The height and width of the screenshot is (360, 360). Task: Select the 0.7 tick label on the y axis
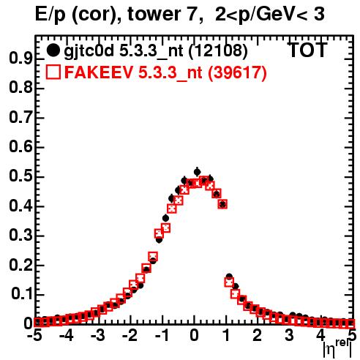(20, 117)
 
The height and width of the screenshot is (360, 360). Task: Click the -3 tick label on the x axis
(97, 335)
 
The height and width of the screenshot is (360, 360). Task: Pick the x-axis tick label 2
(258, 335)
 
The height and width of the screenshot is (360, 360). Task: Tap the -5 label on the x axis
(34, 335)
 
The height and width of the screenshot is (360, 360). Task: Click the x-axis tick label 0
(194, 335)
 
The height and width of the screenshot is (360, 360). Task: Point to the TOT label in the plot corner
(307, 50)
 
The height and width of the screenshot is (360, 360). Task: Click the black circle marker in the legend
(53, 50)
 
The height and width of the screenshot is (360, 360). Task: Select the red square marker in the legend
(53, 72)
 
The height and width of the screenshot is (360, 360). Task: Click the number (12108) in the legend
(218, 50)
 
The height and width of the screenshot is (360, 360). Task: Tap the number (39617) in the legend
(237, 72)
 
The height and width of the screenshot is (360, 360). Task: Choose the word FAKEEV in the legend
(99, 72)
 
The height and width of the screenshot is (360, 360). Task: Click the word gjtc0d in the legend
(89, 51)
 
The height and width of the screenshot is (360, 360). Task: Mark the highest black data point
(198, 172)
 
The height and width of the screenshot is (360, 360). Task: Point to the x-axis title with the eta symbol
(337, 349)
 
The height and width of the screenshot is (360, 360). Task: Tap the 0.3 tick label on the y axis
(20, 235)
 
